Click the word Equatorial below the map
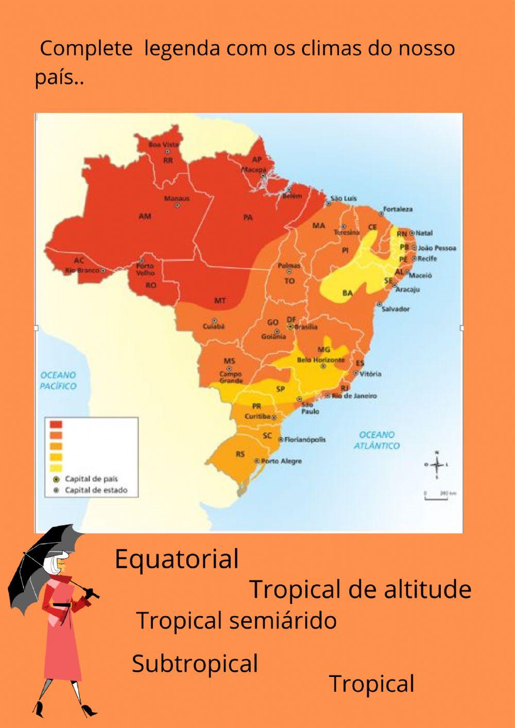tap(177, 560)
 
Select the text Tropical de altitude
tap(360, 589)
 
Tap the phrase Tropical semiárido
tap(236, 620)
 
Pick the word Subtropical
tap(195, 664)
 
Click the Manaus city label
tap(177, 198)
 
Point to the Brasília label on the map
tap(306, 327)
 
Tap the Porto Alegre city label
tap(281, 461)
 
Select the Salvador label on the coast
tap(396, 309)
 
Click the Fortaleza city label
tap(398, 209)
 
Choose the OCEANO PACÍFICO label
tap(58, 381)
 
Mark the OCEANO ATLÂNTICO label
tap(376, 440)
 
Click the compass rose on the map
tap(437, 465)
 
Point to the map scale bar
tap(440, 496)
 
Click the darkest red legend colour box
tap(56, 425)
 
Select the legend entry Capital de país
tap(91, 479)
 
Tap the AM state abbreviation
tap(145, 216)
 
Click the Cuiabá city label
tap(213, 326)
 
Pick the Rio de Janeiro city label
tap(354, 396)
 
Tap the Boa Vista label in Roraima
tap(163, 145)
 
